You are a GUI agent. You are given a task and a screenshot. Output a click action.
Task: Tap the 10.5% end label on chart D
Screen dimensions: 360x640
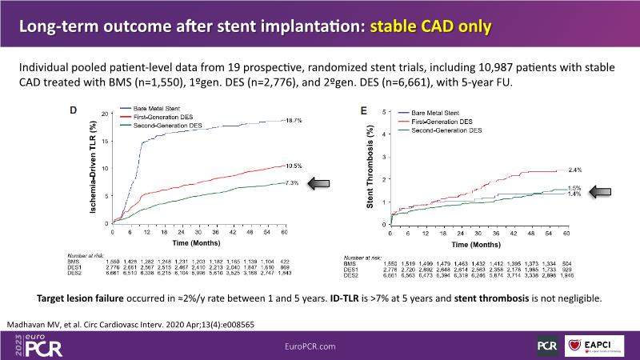(x=270, y=166)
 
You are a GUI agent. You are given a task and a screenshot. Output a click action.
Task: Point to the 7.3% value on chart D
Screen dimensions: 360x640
(x=270, y=183)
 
